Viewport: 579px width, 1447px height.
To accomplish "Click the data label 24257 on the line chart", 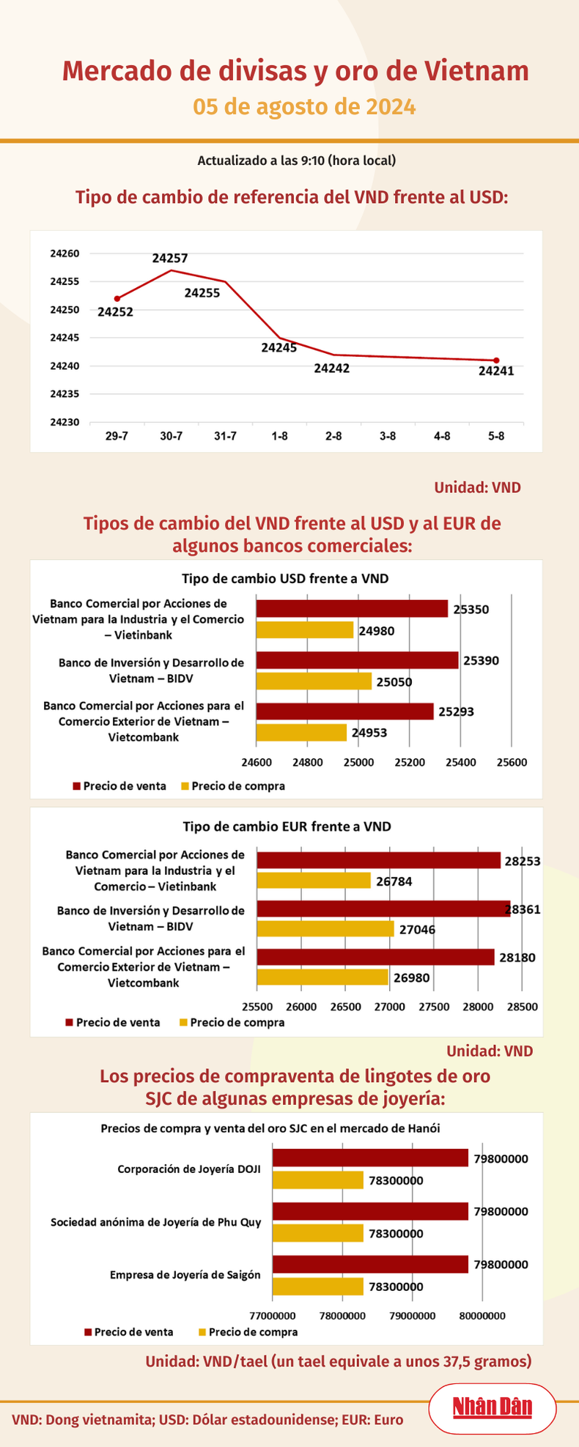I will (x=170, y=258).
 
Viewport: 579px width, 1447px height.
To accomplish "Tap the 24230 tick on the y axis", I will (x=64, y=422).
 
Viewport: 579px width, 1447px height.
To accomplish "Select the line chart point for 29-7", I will (x=117, y=298).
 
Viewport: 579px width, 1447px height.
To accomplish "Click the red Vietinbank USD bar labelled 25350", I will (x=352, y=608).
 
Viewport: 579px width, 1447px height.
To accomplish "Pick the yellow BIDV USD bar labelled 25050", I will (x=314, y=681).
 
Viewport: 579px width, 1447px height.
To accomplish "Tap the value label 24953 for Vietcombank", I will (x=369, y=732).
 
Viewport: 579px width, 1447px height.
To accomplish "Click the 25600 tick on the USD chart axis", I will (x=511, y=762).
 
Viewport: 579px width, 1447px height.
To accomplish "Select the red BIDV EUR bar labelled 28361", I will (x=383, y=909).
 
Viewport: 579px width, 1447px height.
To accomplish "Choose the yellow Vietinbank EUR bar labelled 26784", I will (x=314, y=881).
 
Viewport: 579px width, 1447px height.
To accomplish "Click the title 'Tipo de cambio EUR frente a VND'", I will (x=287, y=826).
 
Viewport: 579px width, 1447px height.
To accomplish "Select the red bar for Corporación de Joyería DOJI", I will (x=370, y=1158).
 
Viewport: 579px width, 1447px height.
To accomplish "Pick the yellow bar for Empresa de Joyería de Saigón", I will (x=318, y=1287).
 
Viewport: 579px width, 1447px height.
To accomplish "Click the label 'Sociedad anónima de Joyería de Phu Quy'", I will (x=155, y=1222).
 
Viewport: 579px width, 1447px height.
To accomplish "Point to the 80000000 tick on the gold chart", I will (x=482, y=1315).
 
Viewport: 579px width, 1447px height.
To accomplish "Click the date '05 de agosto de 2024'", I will (x=304, y=107).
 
